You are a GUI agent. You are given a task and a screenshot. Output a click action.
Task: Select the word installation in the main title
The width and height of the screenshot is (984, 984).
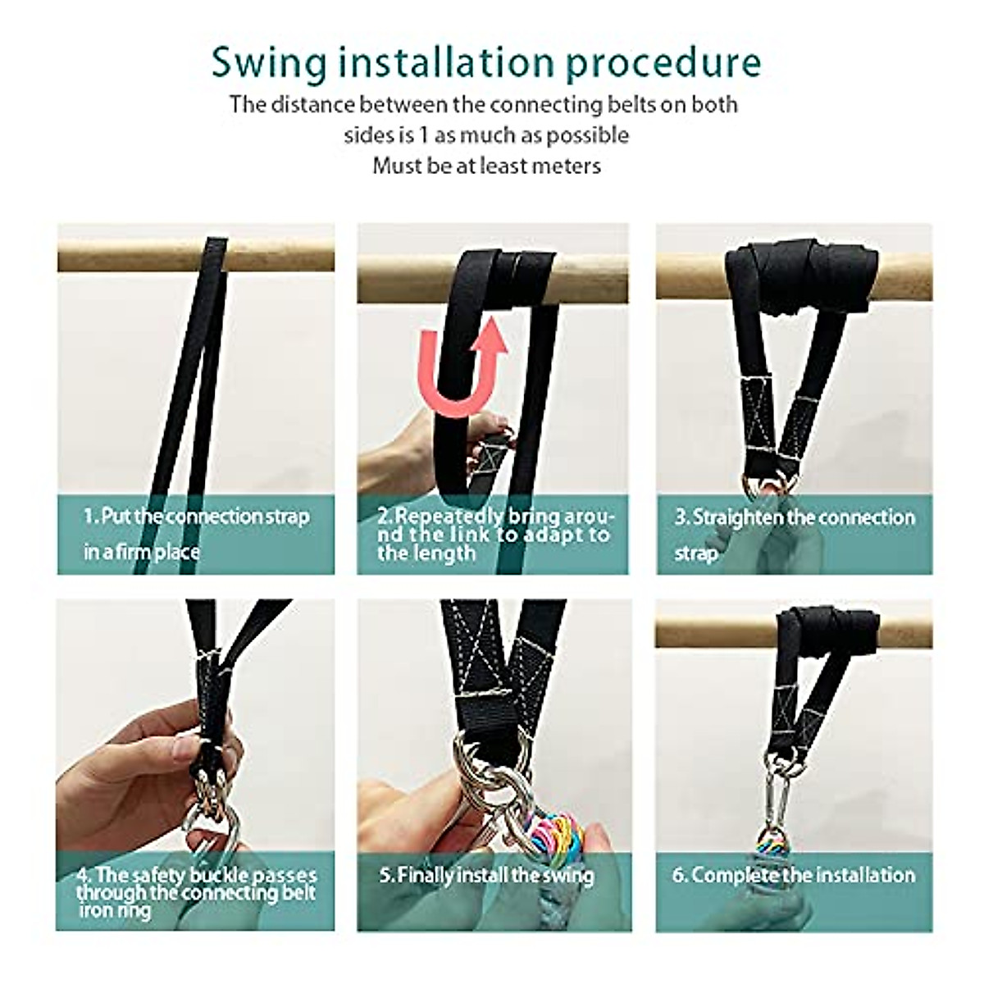click(x=446, y=62)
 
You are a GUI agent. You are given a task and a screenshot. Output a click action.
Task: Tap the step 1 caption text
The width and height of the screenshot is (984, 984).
click(x=197, y=534)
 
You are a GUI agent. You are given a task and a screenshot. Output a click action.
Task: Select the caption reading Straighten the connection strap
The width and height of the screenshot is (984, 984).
click(x=795, y=535)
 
